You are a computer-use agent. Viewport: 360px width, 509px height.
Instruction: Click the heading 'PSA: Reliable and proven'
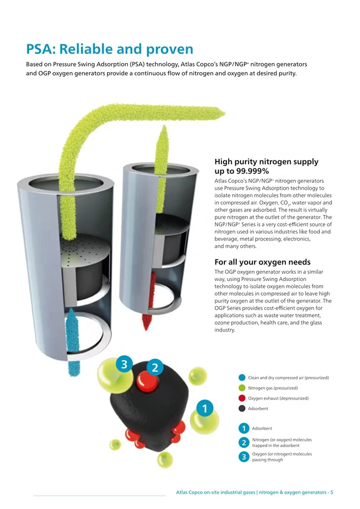[x=109, y=49]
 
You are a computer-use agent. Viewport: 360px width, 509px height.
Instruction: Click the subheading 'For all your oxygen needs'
[x=262, y=262]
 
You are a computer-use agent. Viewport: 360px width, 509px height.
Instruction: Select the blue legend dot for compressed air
[x=242, y=378]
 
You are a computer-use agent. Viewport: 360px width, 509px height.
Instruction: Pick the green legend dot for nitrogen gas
[x=242, y=388]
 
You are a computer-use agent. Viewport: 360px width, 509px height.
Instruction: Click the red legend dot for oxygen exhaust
[x=242, y=398]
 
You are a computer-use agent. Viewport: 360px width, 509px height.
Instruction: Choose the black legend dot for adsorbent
[x=242, y=408]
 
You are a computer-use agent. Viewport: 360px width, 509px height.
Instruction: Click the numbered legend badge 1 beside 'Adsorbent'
[x=244, y=429]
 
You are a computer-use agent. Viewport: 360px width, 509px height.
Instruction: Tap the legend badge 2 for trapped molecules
[x=244, y=442]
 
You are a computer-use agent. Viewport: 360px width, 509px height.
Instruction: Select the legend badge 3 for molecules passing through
[x=244, y=457]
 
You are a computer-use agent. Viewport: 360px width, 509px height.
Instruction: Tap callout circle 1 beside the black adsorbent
[x=204, y=408]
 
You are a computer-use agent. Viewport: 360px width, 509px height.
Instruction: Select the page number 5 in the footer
[x=331, y=492]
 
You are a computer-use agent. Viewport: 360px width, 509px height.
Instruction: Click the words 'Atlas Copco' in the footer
[x=189, y=492]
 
